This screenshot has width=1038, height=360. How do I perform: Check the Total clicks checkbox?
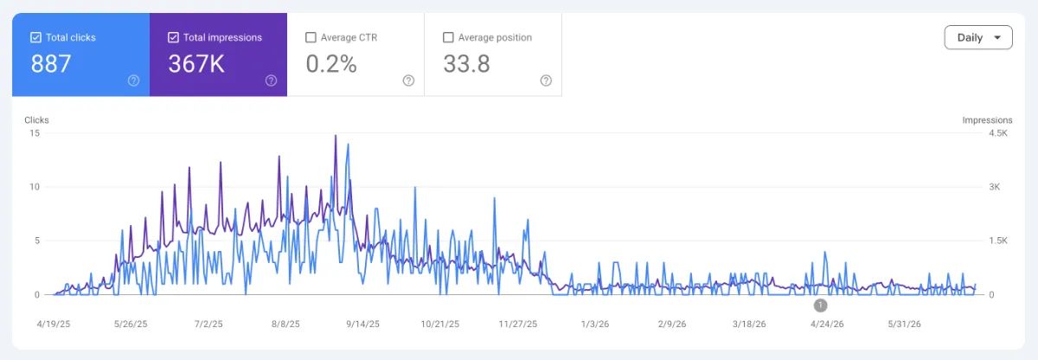(x=35, y=37)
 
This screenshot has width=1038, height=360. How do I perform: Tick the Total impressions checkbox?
(x=173, y=37)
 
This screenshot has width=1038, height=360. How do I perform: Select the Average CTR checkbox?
(x=311, y=37)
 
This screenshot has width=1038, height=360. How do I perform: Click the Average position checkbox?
(x=448, y=37)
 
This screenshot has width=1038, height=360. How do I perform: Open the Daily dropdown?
(x=978, y=37)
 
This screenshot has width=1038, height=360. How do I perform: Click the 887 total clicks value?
(x=51, y=64)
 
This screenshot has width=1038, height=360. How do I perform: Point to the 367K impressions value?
(x=196, y=64)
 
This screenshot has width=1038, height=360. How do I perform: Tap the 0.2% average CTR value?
(x=331, y=64)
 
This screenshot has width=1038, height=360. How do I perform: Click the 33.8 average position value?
(x=466, y=64)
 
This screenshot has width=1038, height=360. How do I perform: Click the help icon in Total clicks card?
(x=133, y=80)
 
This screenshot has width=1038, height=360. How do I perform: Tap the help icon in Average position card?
(x=546, y=80)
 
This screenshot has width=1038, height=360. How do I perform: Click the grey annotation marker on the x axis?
(x=820, y=305)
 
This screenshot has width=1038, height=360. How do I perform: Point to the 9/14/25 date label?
(x=362, y=325)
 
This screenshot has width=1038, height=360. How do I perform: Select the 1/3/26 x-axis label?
(x=595, y=325)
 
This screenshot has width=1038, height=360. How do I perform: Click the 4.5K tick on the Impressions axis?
(x=998, y=133)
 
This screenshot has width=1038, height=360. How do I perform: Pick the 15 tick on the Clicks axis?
(x=35, y=133)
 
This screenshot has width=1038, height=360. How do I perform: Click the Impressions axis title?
(x=987, y=120)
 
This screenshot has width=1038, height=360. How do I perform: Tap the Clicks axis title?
(x=36, y=120)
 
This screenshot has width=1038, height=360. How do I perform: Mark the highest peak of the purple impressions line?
(x=336, y=135)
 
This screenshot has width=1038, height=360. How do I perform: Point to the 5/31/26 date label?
(x=904, y=325)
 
